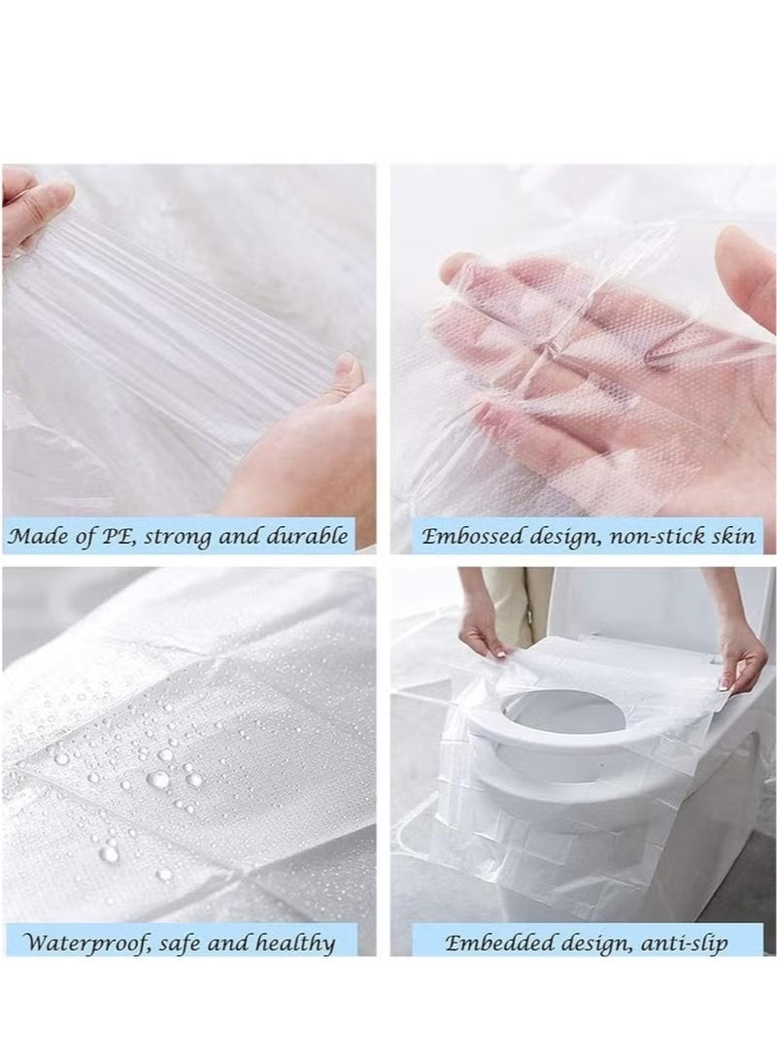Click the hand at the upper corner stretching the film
tap(34, 209)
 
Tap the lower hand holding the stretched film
tap(311, 447)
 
